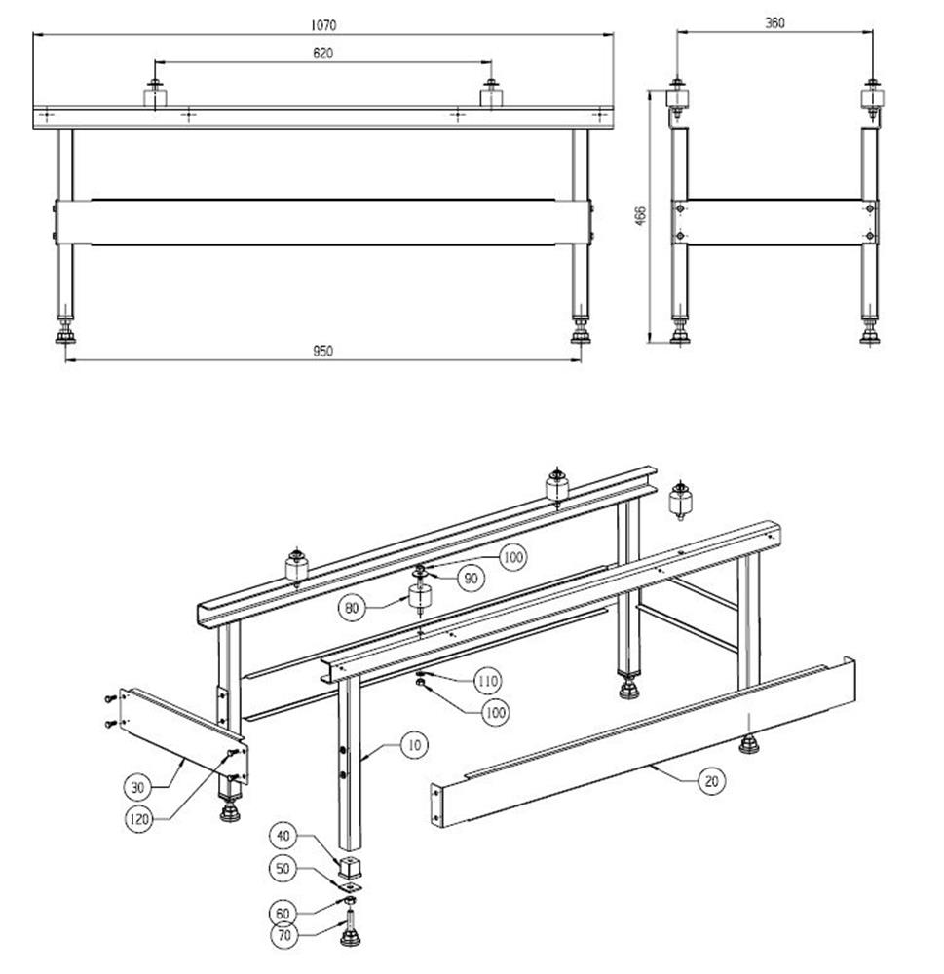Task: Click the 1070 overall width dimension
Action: click(323, 23)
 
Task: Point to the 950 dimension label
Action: click(323, 352)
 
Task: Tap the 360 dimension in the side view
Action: click(775, 22)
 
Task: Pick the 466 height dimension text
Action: click(639, 215)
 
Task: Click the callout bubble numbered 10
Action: click(416, 746)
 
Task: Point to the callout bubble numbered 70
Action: click(285, 937)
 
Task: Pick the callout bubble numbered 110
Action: click(489, 679)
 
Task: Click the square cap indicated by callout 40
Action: click(349, 866)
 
